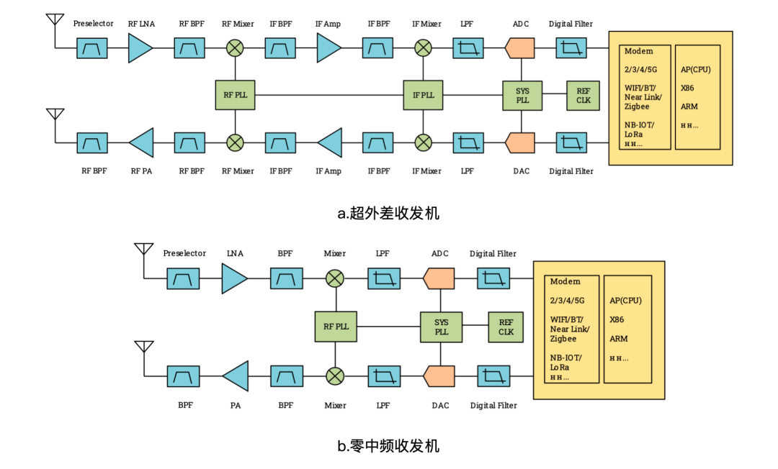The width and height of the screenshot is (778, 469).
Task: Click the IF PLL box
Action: pyautogui.click(x=423, y=95)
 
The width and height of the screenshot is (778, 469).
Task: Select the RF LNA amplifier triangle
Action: pyautogui.click(x=140, y=48)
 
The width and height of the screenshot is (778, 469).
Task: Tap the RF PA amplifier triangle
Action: pyautogui.click(x=142, y=142)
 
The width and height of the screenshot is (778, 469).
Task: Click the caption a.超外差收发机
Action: pyautogui.click(x=388, y=213)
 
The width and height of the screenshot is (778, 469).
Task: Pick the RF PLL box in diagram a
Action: pyautogui.click(x=235, y=95)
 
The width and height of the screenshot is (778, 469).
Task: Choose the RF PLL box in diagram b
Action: pyautogui.click(x=336, y=327)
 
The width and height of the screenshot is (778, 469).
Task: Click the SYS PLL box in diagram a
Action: pyautogui.click(x=522, y=96)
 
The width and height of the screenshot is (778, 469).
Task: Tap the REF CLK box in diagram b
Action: pyautogui.click(x=506, y=327)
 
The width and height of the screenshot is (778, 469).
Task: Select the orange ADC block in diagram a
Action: pyautogui.click(x=520, y=48)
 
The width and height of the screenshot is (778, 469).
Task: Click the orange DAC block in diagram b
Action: pyautogui.click(x=439, y=376)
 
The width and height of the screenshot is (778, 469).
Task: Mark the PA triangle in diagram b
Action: pyautogui.click(x=236, y=376)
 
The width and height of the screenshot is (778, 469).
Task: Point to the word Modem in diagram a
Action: pyautogui.click(x=639, y=52)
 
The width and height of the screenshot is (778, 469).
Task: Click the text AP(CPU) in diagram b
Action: pyautogui.click(x=625, y=301)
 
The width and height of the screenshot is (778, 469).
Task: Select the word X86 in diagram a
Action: pyautogui.click(x=689, y=88)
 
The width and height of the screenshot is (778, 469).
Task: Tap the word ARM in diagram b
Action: pyautogui.click(x=618, y=339)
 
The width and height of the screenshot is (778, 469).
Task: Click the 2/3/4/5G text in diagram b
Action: pyautogui.click(x=566, y=301)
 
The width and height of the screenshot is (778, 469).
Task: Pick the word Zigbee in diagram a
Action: pyautogui.click(x=638, y=106)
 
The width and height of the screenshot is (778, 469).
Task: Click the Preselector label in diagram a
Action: pyautogui.click(x=93, y=24)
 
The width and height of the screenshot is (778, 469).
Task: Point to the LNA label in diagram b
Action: pyautogui.click(x=235, y=253)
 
